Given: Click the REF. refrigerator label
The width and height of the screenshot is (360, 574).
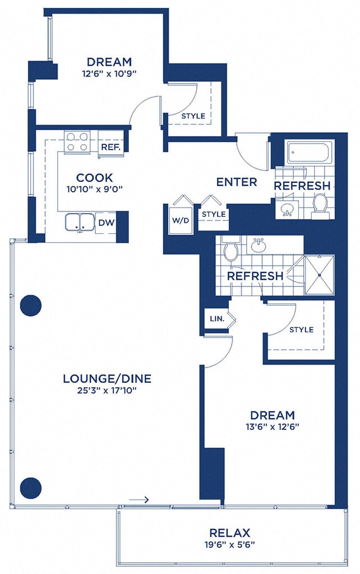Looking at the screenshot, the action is click(110, 147).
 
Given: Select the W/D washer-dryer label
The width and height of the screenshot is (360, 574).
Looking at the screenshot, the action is click(181, 220).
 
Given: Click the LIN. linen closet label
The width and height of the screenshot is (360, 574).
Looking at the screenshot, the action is click(217, 319).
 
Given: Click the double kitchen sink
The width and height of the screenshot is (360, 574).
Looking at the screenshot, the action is click(80, 223).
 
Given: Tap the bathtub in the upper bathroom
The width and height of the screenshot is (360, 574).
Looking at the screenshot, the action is click(310, 152).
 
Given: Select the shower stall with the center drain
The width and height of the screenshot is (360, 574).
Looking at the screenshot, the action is click(320, 275).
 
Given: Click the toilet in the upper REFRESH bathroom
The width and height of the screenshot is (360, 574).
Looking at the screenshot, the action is click(320, 206).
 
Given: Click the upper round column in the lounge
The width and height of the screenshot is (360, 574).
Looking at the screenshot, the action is click(31, 305).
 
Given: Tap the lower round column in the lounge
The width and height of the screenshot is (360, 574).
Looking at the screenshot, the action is click(31, 488).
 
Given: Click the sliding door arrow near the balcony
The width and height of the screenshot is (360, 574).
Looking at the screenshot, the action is click(139, 499).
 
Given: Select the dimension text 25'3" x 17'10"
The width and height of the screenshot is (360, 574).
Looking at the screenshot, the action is click(107, 391).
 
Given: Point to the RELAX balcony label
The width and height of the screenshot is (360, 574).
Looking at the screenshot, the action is click(229, 533).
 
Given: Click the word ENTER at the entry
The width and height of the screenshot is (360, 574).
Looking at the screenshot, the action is click(237, 182).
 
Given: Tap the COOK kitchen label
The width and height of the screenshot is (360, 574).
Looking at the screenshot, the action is click(95, 178).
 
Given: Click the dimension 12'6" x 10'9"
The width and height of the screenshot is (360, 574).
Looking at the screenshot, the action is click(109, 73).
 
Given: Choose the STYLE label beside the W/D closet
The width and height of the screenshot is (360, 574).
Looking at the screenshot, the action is click(214, 214).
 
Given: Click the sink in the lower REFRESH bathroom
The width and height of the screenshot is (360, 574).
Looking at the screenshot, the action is click(259, 244).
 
